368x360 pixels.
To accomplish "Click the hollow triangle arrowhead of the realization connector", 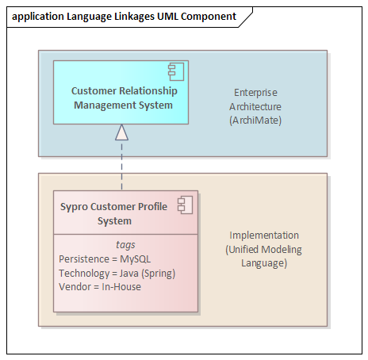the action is pos(121,132).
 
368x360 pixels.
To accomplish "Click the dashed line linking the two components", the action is pos(121,165).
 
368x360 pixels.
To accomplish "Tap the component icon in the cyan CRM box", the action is pos(176,71).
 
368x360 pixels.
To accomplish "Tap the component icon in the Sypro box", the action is pos(185,205).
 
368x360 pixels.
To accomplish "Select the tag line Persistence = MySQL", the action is pos(105,259).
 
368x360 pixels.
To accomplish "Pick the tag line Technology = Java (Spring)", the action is pos(117,274).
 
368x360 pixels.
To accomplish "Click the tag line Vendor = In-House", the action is pos(100,287).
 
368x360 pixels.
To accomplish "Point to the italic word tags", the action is pos(125,245).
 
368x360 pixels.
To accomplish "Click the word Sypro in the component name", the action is pos(74,207).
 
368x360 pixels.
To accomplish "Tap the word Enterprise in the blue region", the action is pos(255,93).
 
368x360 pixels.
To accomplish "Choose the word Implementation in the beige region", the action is pos(264,236).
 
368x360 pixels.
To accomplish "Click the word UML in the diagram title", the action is pos(167,17).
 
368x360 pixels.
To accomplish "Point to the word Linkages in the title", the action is pos(134,17).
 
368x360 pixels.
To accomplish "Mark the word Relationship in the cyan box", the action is pos(148,91).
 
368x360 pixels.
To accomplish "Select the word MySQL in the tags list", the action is pos(136,259).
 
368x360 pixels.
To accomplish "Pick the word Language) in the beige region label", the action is pos(264,263).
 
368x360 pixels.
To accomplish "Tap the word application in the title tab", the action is pos(38,17).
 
